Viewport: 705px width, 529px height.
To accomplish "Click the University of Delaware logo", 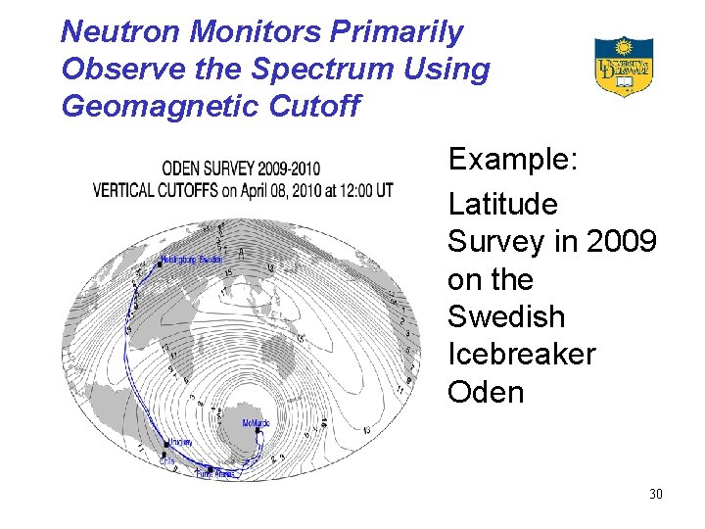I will click(623, 66).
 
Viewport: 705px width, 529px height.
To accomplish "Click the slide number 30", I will click(655, 494).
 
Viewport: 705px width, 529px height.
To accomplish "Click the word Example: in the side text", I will click(513, 160).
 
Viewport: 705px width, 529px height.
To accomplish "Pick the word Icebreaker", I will click(521, 354).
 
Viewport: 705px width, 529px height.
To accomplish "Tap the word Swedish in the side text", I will click(506, 316).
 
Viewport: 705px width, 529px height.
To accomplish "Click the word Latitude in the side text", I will click(502, 205).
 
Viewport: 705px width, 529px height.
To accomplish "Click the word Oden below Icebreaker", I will click(486, 392).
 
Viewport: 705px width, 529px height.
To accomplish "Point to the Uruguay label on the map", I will click(179, 442).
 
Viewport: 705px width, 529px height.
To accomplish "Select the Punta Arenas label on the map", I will click(217, 474).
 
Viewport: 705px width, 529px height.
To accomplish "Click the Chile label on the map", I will click(167, 459).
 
